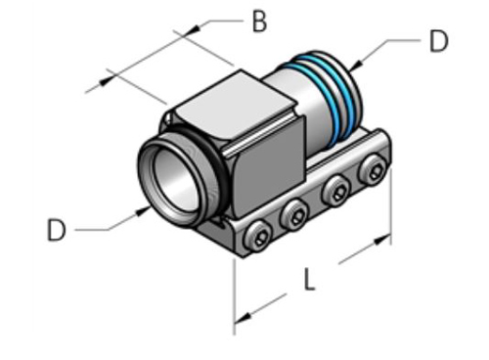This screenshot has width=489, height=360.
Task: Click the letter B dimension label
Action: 259,22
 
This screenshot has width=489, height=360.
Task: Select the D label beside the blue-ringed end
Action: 438,40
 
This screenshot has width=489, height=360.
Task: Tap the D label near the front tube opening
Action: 56,231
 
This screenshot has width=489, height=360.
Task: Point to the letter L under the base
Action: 308,281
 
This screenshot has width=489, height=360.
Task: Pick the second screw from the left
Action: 294,214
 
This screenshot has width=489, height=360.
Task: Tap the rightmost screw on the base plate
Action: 373,170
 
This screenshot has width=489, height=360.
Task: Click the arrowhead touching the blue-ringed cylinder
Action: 357,66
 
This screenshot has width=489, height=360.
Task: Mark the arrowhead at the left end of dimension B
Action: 111,74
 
